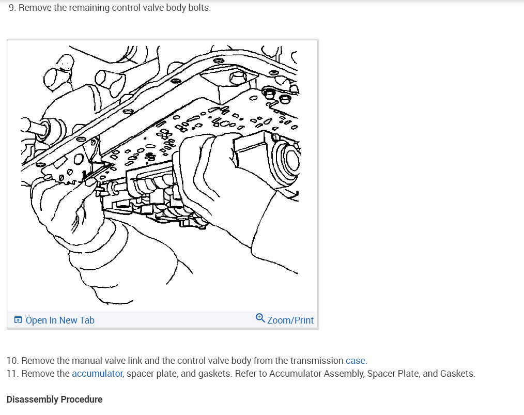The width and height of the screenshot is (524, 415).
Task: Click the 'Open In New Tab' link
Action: pyautogui.click(x=59, y=320)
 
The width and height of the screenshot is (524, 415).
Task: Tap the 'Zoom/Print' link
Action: pyautogui.click(x=290, y=320)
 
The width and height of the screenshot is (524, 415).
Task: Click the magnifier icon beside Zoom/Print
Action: pyautogui.click(x=260, y=319)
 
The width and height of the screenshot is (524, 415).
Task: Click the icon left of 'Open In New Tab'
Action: pyautogui.click(x=18, y=320)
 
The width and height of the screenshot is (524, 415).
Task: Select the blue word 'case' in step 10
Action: pyautogui.click(x=356, y=361)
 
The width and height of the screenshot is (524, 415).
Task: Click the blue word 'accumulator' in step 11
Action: pyautogui.click(x=97, y=374)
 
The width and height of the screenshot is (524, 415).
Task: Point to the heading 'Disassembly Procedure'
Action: pyautogui.click(x=54, y=399)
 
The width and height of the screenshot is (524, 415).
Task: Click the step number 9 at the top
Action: pyautogui.click(x=12, y=9)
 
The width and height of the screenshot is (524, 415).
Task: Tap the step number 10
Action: pyautogui.click(x=12, y=361)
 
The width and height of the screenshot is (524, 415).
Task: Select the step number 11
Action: pyautogui.click(x=12, y=374)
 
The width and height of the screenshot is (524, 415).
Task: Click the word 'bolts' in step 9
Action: pyautogui.click(x=199, y=9)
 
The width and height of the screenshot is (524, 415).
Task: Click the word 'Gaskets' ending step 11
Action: pyautogui.click(x=457, y=374)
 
